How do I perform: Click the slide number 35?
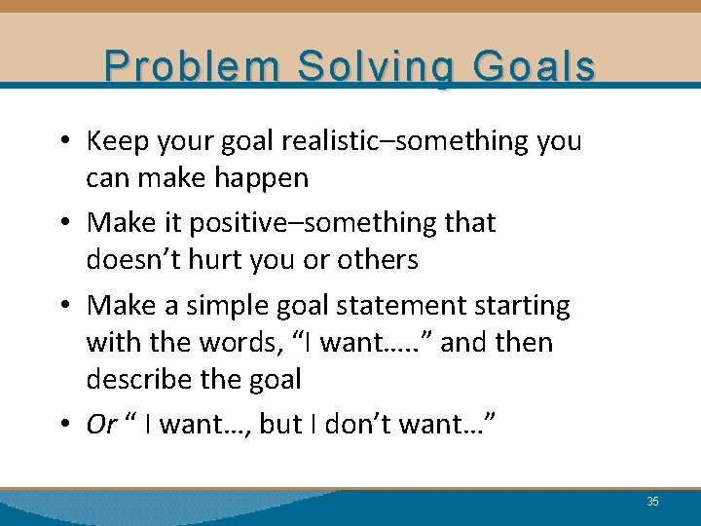click(x=652, y=502)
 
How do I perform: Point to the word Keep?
click(x=115, y=141)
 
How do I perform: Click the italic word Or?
click(x=101, y=426)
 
